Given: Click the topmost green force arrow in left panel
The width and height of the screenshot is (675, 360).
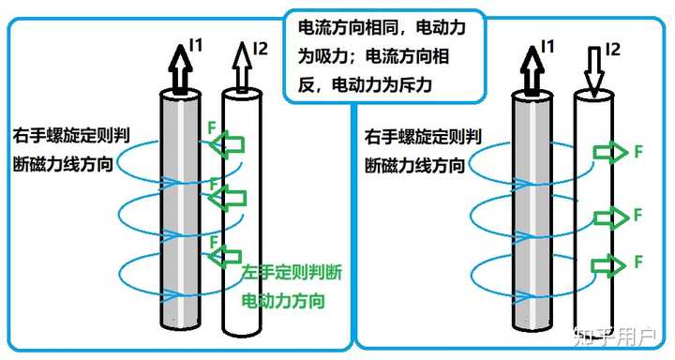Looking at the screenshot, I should pyautogui.click(x=227, y=144).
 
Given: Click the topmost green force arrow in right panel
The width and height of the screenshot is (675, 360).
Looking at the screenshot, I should pyautogui.click(x=610, y=153).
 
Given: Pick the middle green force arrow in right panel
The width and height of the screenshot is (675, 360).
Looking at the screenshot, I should pyautogui.click(x=610, y=217).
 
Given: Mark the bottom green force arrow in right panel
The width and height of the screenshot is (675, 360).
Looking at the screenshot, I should pyautogui.click(x=610, y=262).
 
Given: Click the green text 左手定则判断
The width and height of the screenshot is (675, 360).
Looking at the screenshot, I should pyautogui.click(x=287, y=274).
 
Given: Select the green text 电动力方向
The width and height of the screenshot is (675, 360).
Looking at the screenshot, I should pyautogui.click(x=282, y=302).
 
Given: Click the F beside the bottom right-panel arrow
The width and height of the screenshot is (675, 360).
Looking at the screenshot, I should pyautogui.click(x=637, y=260).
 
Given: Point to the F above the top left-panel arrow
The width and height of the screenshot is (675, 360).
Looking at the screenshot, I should pyautogui.click(x=212, y=125).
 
